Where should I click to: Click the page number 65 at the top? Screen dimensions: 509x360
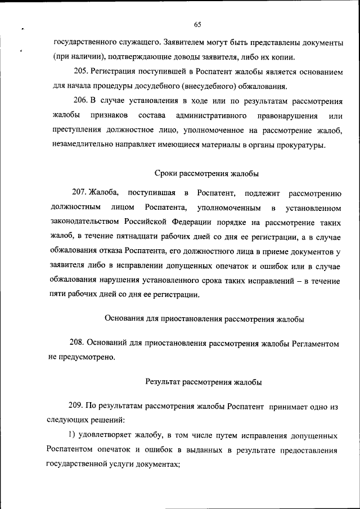coord(197,24)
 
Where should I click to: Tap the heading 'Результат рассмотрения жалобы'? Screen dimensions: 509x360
coord(204,382)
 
